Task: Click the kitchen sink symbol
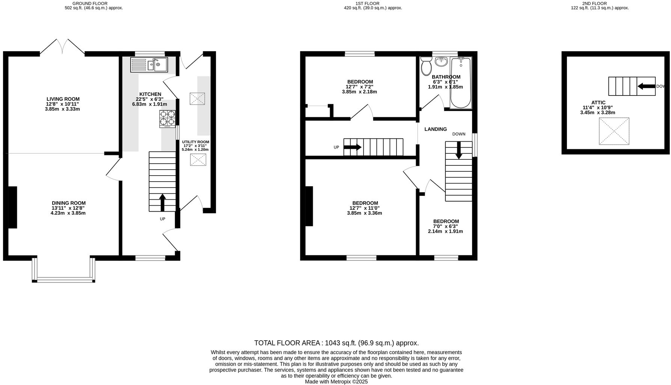[x=149, y=65]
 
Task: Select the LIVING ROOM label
[x=63, y=99]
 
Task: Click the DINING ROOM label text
[x=69, y=203]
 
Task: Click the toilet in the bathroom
[x=426, y=67]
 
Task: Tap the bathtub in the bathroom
[x=460, y=83]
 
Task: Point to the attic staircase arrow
[x=646, y=86]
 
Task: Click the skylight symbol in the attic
[x=614, y=131]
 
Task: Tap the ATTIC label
[x=598, y=102]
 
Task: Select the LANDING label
[x=436, y=129]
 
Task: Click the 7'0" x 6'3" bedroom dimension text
[x=445, y=226]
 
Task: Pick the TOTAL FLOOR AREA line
[x=336, y=343]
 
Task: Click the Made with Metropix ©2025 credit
[x=336, y=382]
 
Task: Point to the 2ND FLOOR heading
[x=600, y=3]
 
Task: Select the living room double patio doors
[x=62, y=47]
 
